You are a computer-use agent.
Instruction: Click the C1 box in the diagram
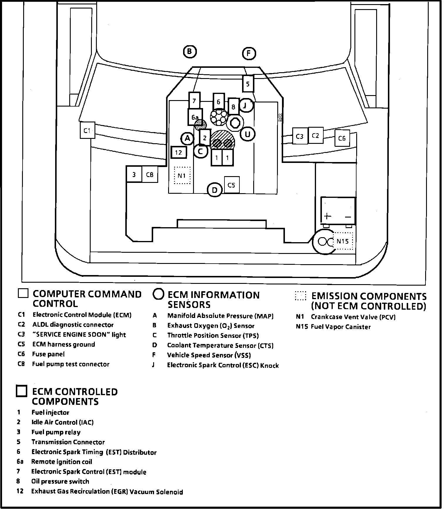(x=87, y=130)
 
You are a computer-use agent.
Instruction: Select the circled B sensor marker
(x=190, y=52)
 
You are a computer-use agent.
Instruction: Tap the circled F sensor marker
(x=249, y=53)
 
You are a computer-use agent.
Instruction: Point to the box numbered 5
(x=248, y=84)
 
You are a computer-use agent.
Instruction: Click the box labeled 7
(x=194, y=101)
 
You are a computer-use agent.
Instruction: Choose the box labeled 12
(x=179, y=152)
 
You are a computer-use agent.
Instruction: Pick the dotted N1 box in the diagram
(x=182, y=176)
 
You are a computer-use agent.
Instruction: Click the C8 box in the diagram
(x=150, y=175)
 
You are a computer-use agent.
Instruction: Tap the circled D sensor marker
(x=215, y=190)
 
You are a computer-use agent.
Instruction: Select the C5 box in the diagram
(x=232, y=185)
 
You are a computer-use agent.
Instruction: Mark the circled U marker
(x=248, y=134)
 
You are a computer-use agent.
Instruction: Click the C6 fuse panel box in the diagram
(x=342, y=138)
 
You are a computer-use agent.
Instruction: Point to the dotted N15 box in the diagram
(x=343, y=241)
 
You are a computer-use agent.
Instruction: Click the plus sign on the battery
(x=327, y=216)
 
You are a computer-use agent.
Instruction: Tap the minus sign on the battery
(x=348, y=217)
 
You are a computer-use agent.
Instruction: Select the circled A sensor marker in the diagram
(x=187, y=138)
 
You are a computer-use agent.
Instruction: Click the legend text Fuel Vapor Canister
(x=341, y=327)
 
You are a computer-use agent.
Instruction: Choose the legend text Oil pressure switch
(x=60, y=481)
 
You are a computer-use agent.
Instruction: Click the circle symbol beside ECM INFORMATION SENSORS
(x=158, y=294)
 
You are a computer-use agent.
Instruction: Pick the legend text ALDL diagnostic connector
(x=73, y=325)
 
